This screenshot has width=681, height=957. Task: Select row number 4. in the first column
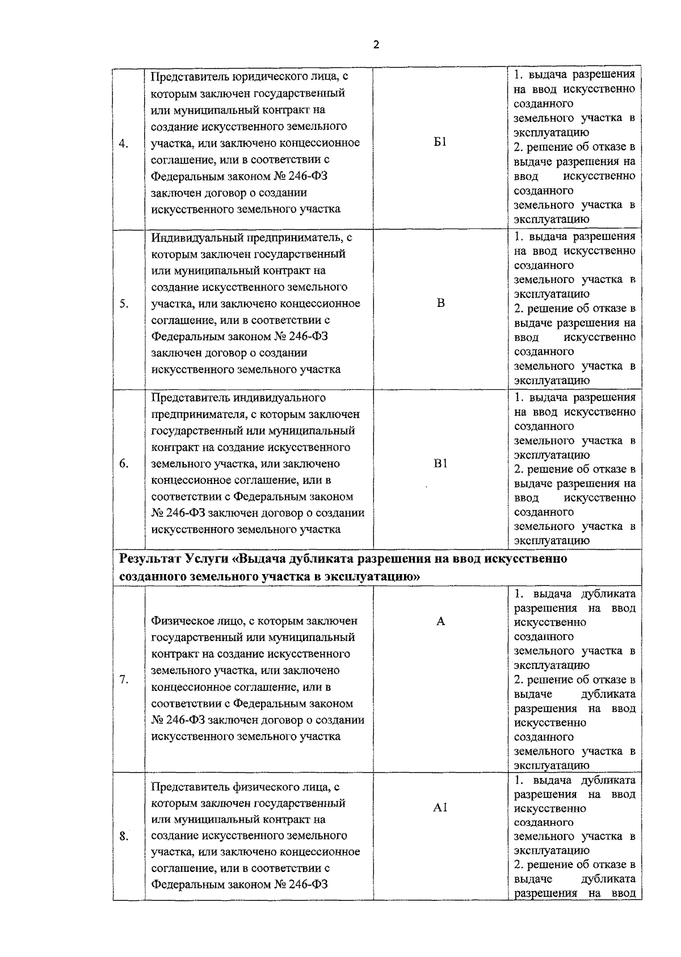(x=123, y=143)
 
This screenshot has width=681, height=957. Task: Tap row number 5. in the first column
(x=123, y=303)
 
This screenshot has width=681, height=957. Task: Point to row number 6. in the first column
(x=123, y=464)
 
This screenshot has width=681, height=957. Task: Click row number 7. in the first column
(x=123, y=680)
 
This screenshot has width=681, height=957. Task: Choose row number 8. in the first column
(x=123, y=836)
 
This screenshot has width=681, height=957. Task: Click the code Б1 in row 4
(x=440, y=142)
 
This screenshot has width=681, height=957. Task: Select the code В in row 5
(x=440, y=302)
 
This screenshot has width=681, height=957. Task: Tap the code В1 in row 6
(x=440, y=463)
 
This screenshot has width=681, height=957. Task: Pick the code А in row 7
(x=440, y=621)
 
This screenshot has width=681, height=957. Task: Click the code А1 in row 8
(x=440, y=808)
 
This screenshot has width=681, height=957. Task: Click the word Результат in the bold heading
(x=150, y=559)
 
